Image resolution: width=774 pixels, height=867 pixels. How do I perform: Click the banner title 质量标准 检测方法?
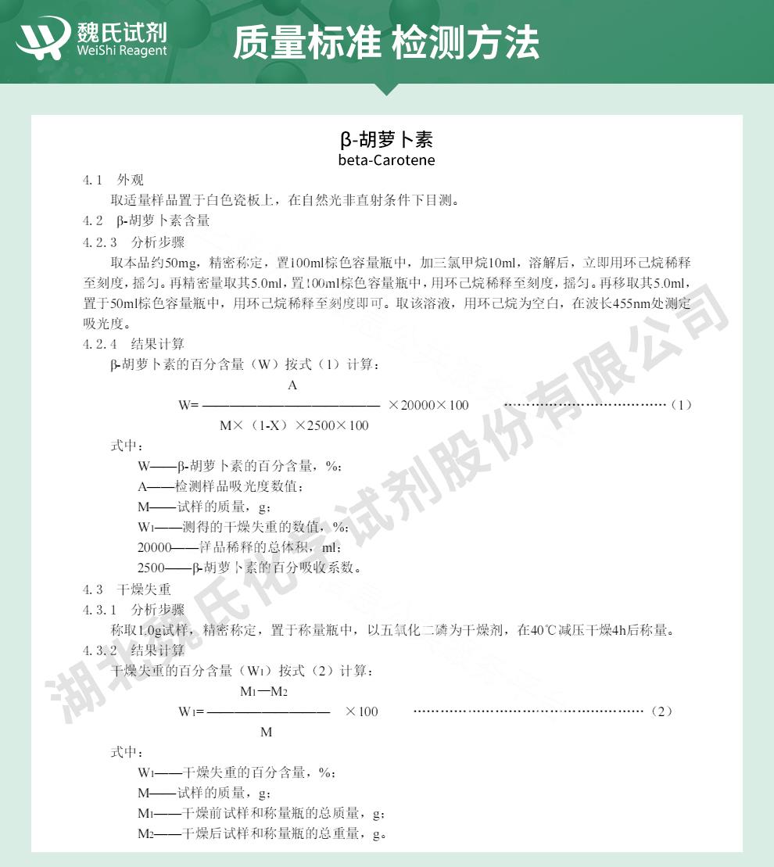[x=385, y=41]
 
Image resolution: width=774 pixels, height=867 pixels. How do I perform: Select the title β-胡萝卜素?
[x=386, y=140]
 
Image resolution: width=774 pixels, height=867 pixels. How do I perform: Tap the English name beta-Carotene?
[x=386, y=160]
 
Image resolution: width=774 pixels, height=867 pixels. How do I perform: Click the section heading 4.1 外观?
[x=114, y=181]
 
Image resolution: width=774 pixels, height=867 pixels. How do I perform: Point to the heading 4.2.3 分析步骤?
[x=134, y=242]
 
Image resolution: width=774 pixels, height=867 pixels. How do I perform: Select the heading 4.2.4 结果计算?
[x=134, y=343]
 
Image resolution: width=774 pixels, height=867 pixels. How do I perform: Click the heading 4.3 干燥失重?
[x=127, y=589]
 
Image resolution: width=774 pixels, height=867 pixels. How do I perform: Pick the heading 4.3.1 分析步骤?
[x=134, y=609]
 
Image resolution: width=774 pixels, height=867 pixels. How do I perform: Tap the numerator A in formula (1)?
[x=292, y=385]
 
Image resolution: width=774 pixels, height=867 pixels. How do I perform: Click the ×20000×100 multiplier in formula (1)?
[x=428, y=405]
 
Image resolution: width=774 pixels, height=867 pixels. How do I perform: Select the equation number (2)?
[x=661, y=711]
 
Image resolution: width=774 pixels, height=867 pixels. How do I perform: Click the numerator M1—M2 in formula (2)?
[x=264, y=691]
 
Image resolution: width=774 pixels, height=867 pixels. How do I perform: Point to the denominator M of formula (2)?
[x=266, y=733]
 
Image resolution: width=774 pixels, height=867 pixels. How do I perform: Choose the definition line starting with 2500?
[x=249, y=568]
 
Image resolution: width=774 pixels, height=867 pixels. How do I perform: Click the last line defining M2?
[x=263, y=833]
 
